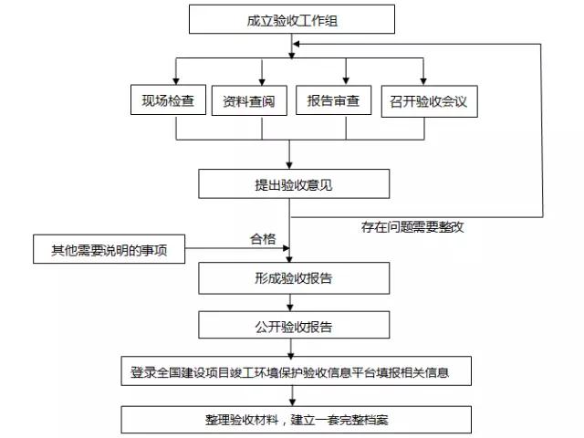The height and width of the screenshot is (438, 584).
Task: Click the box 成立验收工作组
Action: point(292,19)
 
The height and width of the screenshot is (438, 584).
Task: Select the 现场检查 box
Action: point(168,99)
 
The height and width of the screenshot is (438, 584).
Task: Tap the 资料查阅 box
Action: point(249,100)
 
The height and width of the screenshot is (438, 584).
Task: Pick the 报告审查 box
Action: point(333,100)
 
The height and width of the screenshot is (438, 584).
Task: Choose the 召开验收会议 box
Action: point(429,101)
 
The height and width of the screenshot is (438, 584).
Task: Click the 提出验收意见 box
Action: point(294,184)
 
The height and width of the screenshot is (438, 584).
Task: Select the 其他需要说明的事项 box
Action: point(109,249)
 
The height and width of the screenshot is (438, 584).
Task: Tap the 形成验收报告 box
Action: point(294,278)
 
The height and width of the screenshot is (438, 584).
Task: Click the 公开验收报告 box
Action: point(294,325)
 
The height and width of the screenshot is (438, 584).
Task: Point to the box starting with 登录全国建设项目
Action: point(296,371)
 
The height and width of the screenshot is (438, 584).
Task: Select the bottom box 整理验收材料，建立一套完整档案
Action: point(296,420)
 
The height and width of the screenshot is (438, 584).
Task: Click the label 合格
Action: point(263,239)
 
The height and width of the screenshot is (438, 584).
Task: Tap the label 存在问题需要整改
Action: point(412,227)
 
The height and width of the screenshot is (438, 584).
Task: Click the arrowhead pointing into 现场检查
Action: point(176,81)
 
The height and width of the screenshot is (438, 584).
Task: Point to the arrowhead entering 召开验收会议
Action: point(423,81)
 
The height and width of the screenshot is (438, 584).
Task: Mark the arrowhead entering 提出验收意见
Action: point(289,165)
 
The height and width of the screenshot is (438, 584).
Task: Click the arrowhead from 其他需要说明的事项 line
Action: point(286,248)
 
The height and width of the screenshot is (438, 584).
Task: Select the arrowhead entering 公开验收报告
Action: point(290,308)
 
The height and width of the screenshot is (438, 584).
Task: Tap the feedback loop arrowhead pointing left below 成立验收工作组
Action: point(297,44)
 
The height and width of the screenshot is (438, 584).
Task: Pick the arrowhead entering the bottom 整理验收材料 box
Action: point(292,402)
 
